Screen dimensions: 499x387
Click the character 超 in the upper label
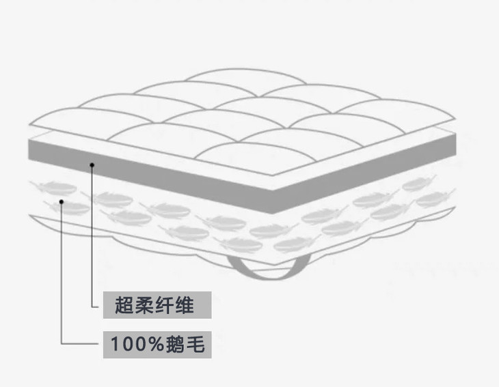pyautogui.click(x=124, y=305)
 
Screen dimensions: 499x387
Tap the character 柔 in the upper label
pyautogui.click(x=144, y=305)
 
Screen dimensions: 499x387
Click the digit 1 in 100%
pyautogui.click(x=115, y=345)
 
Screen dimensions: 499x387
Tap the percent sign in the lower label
pyautogui.click(x=154, y=345)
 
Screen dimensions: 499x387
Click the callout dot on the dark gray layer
pyautogui.click(x=92, y=164)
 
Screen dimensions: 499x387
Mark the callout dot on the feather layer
pyautogui.click(x=62, y=201)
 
